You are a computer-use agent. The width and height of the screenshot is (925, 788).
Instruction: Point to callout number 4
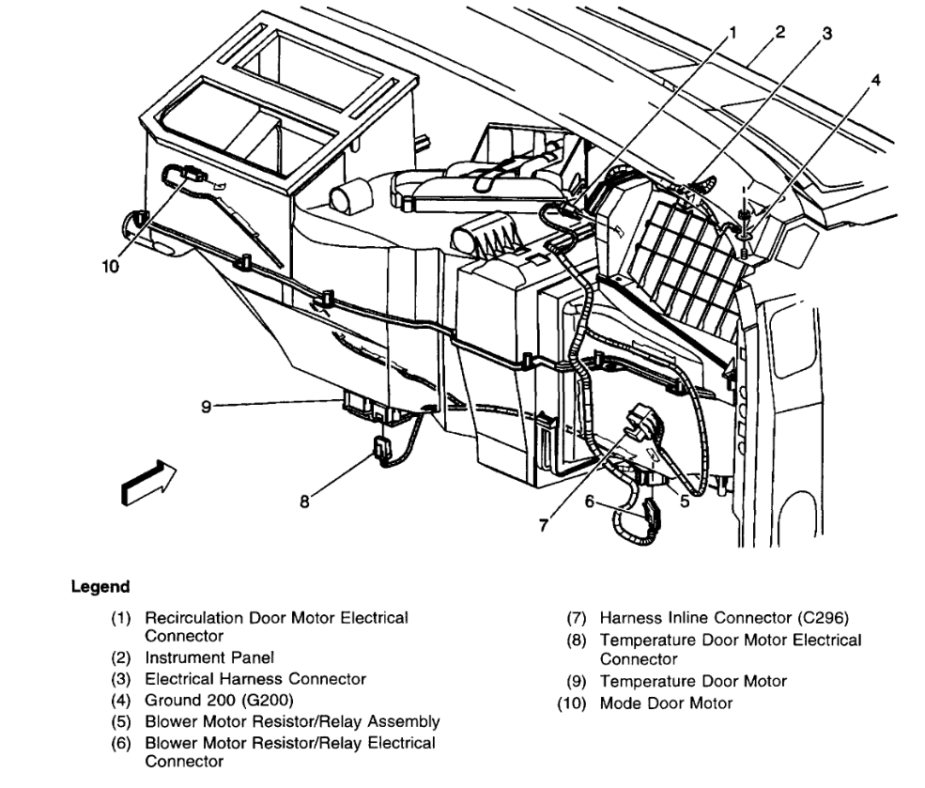[x=875, y=81]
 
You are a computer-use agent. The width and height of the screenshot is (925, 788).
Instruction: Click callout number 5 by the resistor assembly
[x=685, y=502]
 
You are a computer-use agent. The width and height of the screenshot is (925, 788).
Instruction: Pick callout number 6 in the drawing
[x=590, y=502]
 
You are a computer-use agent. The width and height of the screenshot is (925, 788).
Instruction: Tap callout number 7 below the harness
[x=542, y=526]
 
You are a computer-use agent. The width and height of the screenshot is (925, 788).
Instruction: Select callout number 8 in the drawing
[x=304, y=502]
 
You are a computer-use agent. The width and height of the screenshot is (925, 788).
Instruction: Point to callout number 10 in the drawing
[x=111, y=266]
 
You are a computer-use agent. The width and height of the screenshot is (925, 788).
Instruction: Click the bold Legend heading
[x=100, y=587]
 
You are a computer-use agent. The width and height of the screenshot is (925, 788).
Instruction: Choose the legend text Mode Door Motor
[x=667, y=703]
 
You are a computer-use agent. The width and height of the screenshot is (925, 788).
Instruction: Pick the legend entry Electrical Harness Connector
[x=255, y=678]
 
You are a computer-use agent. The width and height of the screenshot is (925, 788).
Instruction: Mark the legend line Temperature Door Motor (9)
[x=693, y=681]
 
